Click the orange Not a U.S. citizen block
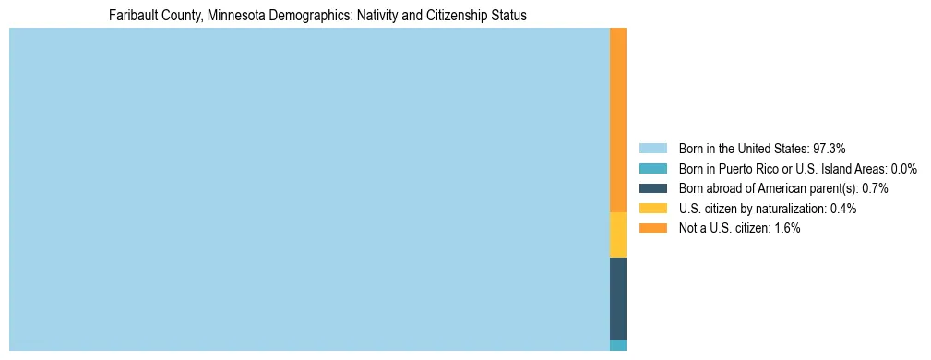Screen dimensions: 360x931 pyautogui.click(x=618, y=120)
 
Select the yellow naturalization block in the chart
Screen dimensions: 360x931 pyautogui.click(x=618, y=234)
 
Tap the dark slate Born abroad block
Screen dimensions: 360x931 pyautogui.click(x=618, y=298)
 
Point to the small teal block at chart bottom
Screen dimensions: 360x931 pyautogui.click(x=618, y=345)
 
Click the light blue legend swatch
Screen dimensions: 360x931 pyautogui.click(x=652, y=148)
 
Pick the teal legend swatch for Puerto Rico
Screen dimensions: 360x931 pyautogui.click(x=652, y=168)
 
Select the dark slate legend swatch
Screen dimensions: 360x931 pyautogui.click(x=652, y=188)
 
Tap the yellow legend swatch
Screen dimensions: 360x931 pyautogui.click(x=652, y=209)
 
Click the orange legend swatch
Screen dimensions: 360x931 pyautogui.click(x=652, y=228)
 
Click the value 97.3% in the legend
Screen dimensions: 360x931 pyautogui.click(x=830, y=148)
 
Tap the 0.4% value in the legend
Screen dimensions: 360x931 pyautogui.click(x=843, y=209)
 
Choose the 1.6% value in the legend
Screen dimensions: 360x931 pyautogui.click(x=787, y=228)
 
